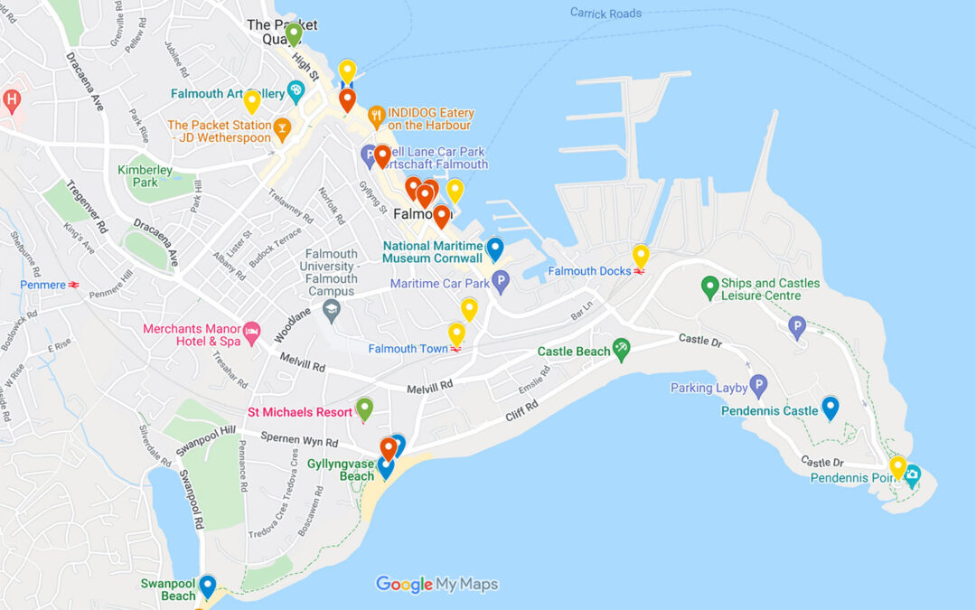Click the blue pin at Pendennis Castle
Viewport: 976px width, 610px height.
pos(830,408)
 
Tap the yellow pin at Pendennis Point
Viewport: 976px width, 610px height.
pos(897,466)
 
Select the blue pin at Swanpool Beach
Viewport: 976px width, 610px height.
pos(207,586)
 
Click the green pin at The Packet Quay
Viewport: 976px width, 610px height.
pos(293,33)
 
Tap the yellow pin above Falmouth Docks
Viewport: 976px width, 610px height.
pos(641,256)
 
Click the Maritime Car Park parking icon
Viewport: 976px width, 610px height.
pos(501,284)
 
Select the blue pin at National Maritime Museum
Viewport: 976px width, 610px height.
pos(494,249)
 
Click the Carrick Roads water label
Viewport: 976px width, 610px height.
pos(605,13)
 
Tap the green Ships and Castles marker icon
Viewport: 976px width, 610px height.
pos(710,288)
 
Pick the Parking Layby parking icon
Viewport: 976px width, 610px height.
pos(758,388)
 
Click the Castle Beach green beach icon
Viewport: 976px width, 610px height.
pos(621,350)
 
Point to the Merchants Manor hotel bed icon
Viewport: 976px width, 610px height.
pos(251,330)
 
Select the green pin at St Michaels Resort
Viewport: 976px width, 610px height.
pos(364,408)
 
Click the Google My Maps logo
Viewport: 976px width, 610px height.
pos(436,585)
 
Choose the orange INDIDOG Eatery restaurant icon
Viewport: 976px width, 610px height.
pos(376,117)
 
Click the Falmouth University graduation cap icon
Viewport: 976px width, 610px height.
pos(331,311)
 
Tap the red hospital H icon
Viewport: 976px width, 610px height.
pos(11,99)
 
